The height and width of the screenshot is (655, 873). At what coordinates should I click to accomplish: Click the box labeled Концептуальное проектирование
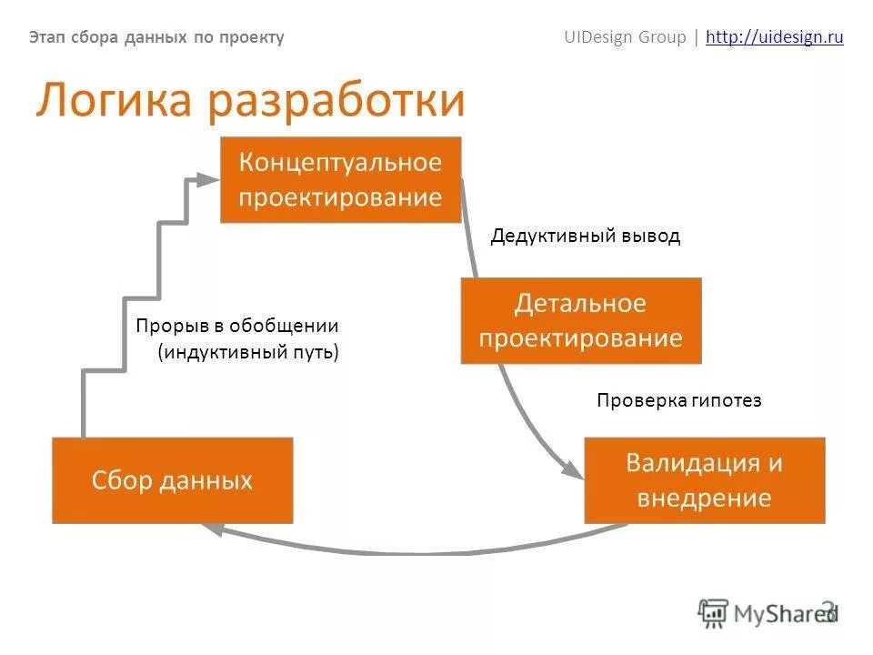[340, 179]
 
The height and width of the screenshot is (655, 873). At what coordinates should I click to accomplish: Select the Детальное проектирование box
[580, 320]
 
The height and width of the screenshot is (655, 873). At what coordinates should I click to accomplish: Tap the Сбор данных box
[172, 480]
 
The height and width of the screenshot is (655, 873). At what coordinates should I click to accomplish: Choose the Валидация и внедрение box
[704, 480]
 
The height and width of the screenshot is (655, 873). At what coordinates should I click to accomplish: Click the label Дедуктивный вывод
[585, 237]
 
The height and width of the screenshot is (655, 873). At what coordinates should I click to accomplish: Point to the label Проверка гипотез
[678, 400]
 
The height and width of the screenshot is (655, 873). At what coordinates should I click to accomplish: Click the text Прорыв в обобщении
[236, 326]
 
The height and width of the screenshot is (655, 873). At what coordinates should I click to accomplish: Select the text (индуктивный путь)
[247, 352]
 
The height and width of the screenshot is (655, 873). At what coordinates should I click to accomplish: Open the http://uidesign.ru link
[774, 37]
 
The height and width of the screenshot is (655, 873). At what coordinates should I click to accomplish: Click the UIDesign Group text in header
[625, 37]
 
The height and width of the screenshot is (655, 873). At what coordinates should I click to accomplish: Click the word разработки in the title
[336, 102]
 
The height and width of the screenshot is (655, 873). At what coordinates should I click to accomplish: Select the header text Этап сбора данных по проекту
[156, 37]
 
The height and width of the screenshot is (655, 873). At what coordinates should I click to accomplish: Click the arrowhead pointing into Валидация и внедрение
[575, 472]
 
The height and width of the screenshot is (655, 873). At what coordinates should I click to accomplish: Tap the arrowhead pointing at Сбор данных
[211, 529]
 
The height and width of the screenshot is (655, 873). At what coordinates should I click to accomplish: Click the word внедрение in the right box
[704, 498]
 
